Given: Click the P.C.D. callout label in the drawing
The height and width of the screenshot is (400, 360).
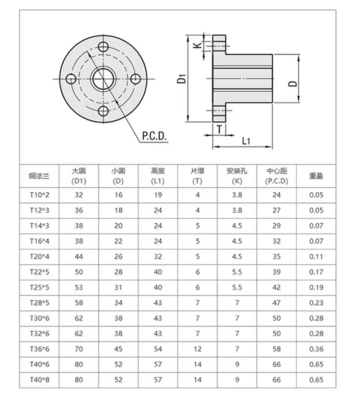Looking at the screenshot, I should coord(154,136).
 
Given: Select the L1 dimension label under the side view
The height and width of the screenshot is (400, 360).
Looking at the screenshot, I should coord(246,141).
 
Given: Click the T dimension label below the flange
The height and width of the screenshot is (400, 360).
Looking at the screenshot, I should coord(219,129).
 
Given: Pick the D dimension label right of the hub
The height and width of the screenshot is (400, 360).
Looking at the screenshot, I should coord(292,84).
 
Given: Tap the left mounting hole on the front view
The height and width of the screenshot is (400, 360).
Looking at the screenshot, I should coord(71,79).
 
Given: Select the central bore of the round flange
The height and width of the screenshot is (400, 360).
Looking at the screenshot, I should coord(103,79).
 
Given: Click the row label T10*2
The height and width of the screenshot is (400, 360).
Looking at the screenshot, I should coord(39,195).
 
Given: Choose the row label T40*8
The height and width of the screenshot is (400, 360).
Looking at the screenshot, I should coord(39,380).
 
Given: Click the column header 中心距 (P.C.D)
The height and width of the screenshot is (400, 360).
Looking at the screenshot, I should coord(277,176).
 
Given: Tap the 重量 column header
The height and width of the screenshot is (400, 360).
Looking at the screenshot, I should coord(316,176).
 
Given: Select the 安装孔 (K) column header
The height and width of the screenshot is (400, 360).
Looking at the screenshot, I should coord(237,176).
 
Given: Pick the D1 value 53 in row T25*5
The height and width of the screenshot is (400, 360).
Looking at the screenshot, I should coord(79,287).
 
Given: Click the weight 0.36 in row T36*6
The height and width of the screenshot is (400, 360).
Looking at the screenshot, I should coord(316,349).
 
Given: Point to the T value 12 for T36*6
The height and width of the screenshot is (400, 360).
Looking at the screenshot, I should coord(198,349).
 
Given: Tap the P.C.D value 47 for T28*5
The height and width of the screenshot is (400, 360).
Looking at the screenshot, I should coord(277,303).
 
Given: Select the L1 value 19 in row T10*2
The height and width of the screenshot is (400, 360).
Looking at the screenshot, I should coord(158,195).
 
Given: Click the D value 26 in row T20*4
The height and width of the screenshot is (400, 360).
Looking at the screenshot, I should coord(118,257).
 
